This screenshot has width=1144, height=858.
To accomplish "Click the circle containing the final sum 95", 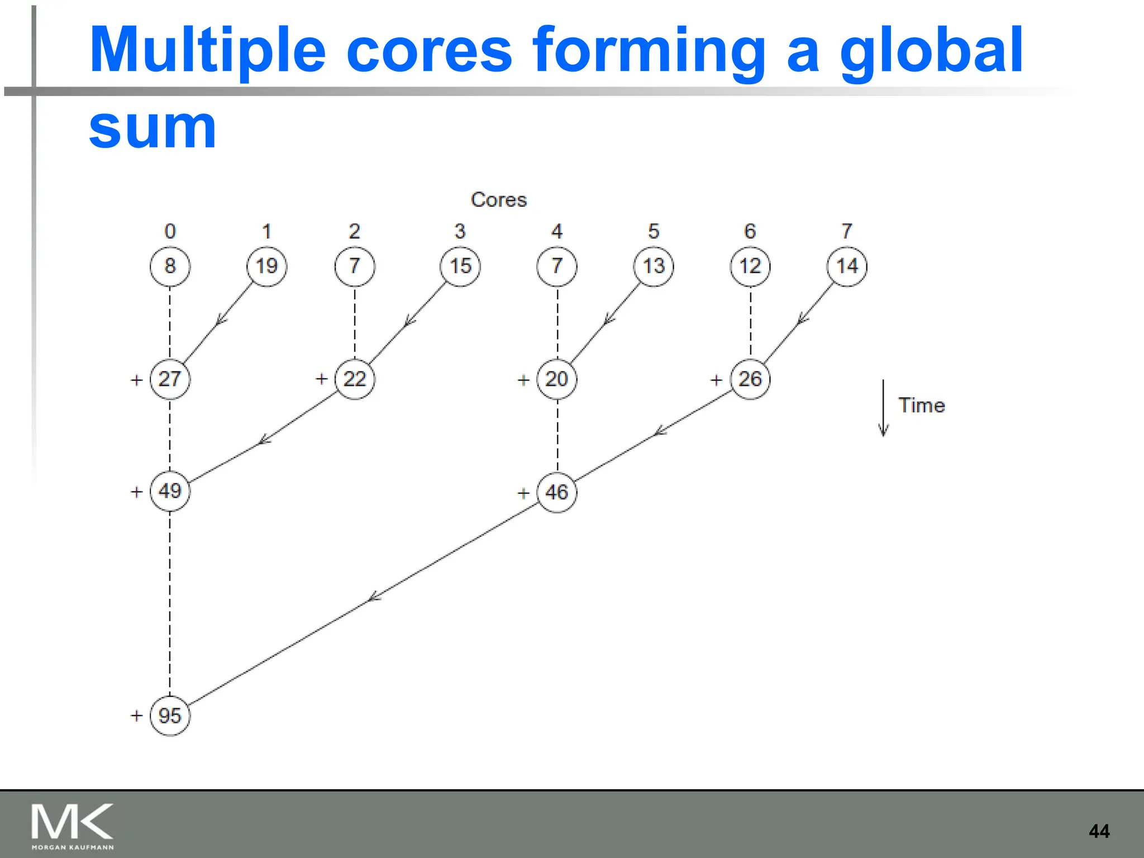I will [x=170, y=716].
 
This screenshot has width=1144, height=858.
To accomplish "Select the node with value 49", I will [x=170, y=491].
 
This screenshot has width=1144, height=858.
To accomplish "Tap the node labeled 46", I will [x=557, y=492].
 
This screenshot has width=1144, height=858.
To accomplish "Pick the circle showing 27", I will [x=170, y=379].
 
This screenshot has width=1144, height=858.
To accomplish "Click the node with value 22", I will [x=355, y=379].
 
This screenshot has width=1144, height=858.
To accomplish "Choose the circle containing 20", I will [x=557, y=379].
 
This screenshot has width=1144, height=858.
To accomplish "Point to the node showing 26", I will [x=750, y=379].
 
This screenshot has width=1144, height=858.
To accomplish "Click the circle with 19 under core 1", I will [x=266, y=266].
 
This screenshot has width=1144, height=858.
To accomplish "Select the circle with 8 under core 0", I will [x=170, y=266].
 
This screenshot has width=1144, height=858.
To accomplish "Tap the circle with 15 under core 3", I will [x=460, y=266].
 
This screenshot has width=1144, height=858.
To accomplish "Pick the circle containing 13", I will [x=654, y=266].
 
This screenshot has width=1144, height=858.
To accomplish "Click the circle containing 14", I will [x=847, y=266].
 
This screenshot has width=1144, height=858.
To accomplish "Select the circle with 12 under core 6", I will [x=750, y=266].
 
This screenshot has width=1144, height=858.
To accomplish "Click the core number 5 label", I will [x=654, y=231].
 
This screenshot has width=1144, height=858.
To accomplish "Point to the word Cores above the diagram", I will [x=498, y=199].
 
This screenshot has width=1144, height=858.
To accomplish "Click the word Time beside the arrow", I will [x=921, y=405].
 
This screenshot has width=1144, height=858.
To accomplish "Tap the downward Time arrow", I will [x=883, y=408].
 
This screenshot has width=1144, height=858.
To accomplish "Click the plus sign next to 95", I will [x=137, y=716].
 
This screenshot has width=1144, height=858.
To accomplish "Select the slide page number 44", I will [x=1099, y=831].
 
